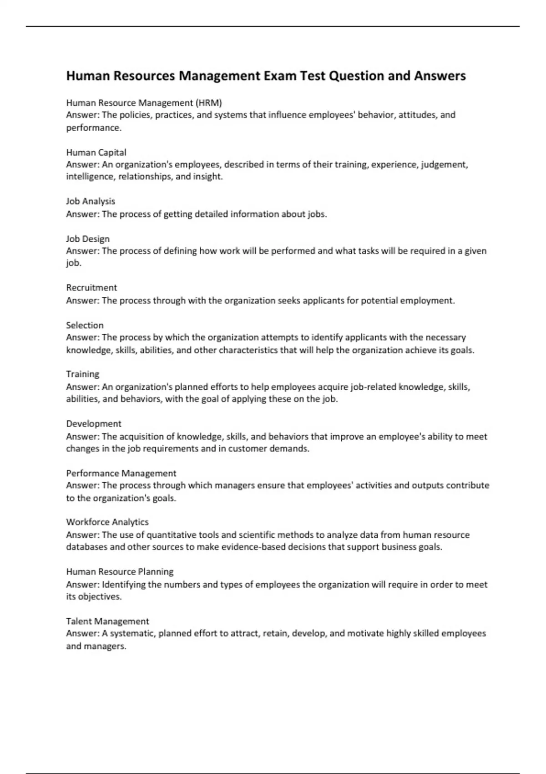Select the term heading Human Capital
(x=96, y=153)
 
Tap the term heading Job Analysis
(x=91, y=201)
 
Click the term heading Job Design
(x=88, y=239)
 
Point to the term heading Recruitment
(x=91, y=288)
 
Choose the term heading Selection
(x=85, y=325)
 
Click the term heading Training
(x=82, y=374)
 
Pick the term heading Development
(x=94, y=424)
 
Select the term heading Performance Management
(x=121, y=474)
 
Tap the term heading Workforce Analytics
(x=107, y=522)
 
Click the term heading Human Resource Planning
(x=120, y=572)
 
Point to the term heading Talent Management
(x=107, y=621)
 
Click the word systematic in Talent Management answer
(x=132, y=633)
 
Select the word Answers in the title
(x=440, y=76)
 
